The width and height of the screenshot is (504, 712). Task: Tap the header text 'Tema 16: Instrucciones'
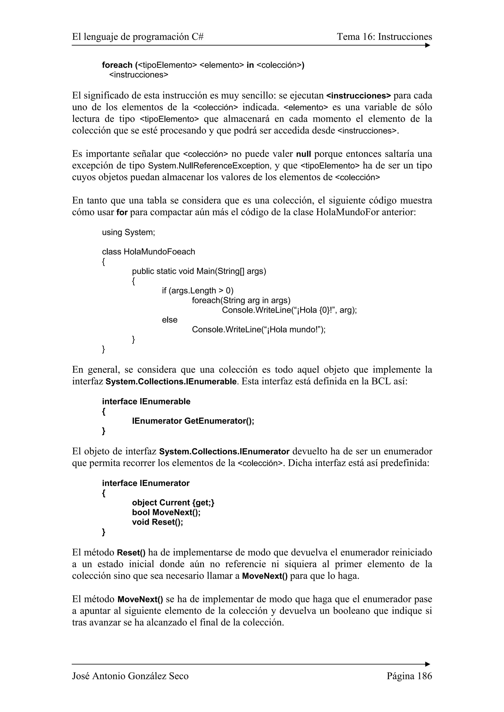[x=384, y=37]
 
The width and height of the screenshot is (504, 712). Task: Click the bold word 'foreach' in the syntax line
[x=117, y=65]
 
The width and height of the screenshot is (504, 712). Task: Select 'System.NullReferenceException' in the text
[x=209, y=166]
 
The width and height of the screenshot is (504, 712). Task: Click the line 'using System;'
[x=128, y=232]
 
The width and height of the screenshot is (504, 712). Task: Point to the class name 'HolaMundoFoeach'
[x=159, y=252]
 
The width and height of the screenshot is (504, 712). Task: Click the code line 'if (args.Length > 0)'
[x=198, y=291]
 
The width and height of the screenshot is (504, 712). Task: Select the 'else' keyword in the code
[x=170, y=320]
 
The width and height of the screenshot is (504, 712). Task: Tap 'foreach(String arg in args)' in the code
[x=241, y=300]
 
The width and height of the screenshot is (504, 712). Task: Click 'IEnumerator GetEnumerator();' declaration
[x=193, y=421]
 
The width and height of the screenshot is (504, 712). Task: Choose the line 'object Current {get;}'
[x=173, y=503]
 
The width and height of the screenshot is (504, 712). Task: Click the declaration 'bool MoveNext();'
[x=166, y=512]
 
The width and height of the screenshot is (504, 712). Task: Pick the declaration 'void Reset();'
[x=157, y=522]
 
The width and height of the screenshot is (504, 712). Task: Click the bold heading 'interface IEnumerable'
[x=146, y=402]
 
